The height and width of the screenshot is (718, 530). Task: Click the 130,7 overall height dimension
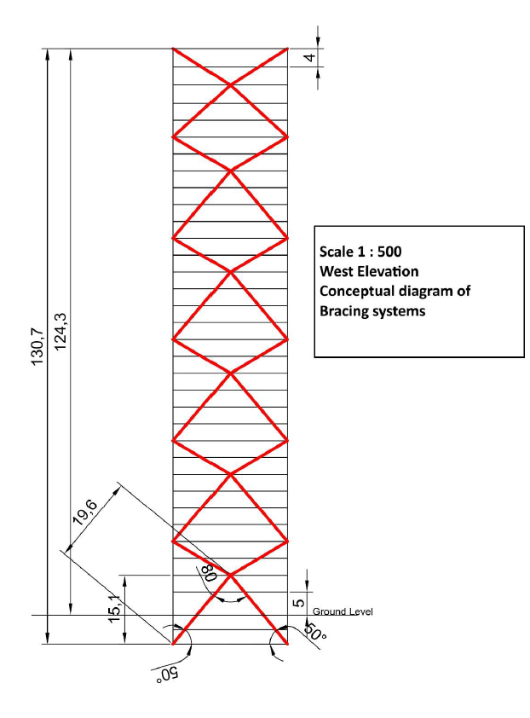[x=37, y=347]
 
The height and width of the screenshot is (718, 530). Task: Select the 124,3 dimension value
[x=60, y=332]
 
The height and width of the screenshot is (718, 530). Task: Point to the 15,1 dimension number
[x=115, y=609]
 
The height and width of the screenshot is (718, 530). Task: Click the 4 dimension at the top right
[x=311, y=58]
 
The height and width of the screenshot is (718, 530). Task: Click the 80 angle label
[x=209, y=572]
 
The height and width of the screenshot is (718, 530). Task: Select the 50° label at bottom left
[x=168, y=675]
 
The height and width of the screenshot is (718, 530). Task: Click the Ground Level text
[x=343, y=611]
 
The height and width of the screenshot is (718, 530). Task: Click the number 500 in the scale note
[x=389, y=252]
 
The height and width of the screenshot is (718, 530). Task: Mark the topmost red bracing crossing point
[x=230, y=84]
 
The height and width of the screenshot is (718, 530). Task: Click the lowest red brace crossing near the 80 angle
[x=230, y=575]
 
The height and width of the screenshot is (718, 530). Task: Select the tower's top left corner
[x=172, y=48]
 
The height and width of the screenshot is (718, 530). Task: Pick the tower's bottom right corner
[x=288, y=644]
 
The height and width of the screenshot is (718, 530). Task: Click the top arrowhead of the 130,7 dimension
[x=47, y=54]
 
